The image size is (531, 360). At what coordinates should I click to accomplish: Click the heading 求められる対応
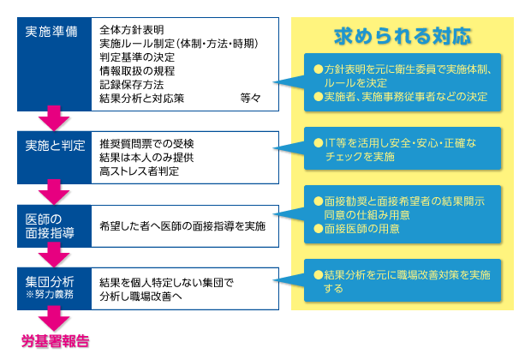point(403,36)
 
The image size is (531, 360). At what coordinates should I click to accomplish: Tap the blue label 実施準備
point(51,32)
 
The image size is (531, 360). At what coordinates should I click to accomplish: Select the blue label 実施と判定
point(55,146)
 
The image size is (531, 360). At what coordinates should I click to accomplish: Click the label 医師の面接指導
point(50,226)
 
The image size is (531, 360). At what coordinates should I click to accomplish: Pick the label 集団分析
point(50,281)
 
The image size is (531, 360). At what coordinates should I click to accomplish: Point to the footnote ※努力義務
point(50,294)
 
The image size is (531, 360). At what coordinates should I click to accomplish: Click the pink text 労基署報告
point(55,340)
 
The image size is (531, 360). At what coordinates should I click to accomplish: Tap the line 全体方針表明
point(132,30)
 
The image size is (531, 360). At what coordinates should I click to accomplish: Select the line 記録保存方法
point(132,84)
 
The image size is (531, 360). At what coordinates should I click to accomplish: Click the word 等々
point(251,98)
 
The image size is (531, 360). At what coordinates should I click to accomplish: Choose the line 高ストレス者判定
point(140,171)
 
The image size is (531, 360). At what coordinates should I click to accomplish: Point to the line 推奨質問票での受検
point(146,144)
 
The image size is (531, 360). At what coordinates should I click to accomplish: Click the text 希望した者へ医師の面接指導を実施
point(182,226)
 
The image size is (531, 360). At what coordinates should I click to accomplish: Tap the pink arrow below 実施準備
point(54,118)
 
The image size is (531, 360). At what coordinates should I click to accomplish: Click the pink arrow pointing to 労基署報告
point(54,318)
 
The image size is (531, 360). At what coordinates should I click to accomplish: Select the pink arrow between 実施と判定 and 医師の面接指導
point(54,192)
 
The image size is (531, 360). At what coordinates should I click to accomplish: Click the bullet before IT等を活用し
point(319,142)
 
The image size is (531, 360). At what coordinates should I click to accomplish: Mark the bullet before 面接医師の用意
point(319,229)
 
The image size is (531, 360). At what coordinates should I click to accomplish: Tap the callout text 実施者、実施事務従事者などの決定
point(406,97)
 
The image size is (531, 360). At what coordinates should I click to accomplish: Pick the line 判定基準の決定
point(137,57)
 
